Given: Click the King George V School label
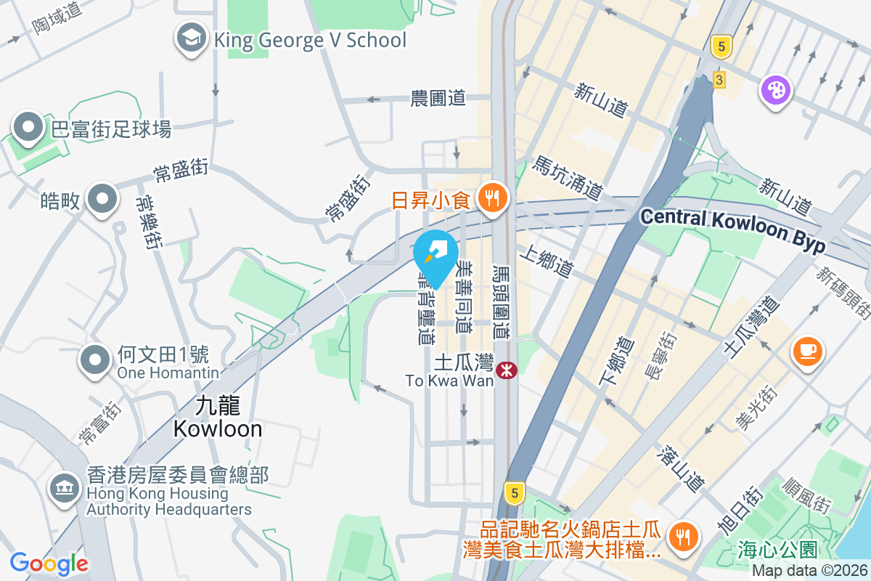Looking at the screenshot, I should pos(310,39).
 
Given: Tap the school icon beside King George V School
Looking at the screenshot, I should pos(192,39).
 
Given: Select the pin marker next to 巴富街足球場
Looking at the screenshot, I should pos(28,129).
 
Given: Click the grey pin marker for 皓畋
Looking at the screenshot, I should pos(102,200).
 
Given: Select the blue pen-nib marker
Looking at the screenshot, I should pos(435,255).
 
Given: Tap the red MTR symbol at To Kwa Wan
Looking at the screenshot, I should pos(506,370).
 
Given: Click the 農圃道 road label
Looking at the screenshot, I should pos(438,99).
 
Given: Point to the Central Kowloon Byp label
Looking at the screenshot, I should pos(733,229).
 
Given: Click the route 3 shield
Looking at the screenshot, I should pos(719,79).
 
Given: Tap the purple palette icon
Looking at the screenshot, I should pos(775,92).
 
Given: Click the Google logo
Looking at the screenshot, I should pos(49,563).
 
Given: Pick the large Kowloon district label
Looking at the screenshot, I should pos(218,417).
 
